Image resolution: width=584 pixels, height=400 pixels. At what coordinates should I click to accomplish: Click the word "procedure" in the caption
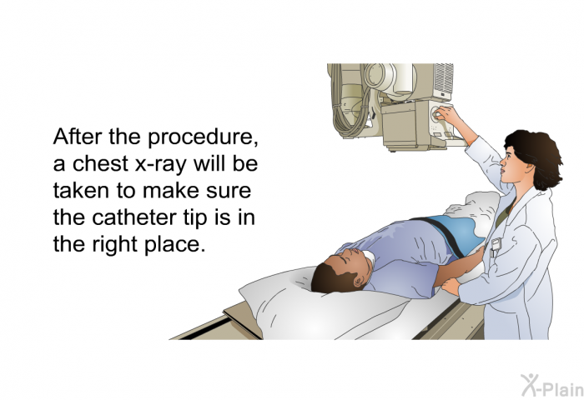tap(199, 138)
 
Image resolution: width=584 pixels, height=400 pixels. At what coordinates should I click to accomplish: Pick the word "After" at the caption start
tap(77, 137)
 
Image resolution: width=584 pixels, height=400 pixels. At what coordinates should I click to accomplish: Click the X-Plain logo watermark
tap(552, 386)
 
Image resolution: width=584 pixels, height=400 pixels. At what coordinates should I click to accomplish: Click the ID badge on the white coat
tap(495, 247)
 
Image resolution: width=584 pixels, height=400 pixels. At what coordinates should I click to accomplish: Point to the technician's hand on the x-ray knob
tap(448, 115)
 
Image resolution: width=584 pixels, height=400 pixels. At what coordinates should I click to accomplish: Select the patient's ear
tap(359, 281)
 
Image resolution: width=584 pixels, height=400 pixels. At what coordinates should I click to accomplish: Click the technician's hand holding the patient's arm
tap(452, 286)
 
